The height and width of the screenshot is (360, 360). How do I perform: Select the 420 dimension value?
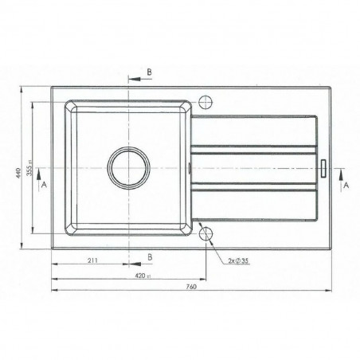click(x=141, y=275)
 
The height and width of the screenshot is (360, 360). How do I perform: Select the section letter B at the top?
click(x=149, y=71)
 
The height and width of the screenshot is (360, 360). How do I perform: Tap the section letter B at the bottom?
click(x=149, y=256)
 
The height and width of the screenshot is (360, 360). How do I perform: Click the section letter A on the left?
click(x=42, y=183)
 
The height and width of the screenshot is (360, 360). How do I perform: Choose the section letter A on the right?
click(x=346, y=183)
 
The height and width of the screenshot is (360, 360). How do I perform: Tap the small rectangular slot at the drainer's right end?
click(x=325, y=168)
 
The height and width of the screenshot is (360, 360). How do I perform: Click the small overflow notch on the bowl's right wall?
click(x=189, y=167)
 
